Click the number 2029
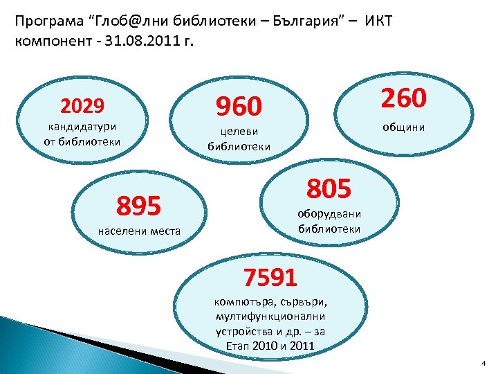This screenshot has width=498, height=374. pyautogui.click(x=82, y=106)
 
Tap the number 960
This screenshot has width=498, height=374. pyautogui.click(x=239, y=107)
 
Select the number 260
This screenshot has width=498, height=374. pyautogui.click(x=404, y=98)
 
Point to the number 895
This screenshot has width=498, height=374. pyautogui.click(x=138, y=206)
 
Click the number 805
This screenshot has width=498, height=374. pyautogui.click(x=329, y=187)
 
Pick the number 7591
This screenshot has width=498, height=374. pyautogui.click(x=269, y=277)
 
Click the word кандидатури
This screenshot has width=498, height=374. pyautogui.click(x=82, y=127)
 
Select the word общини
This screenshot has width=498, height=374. pyautogui.click(x=405, y=127)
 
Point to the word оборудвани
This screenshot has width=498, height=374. pyautogui.click(x=329, y=213)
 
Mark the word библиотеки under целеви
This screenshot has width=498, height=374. pyautogui.click(x=239, y=146)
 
